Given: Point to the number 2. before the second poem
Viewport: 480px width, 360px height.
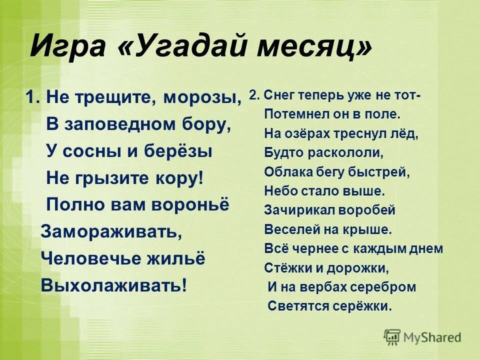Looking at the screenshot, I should click(253, 95).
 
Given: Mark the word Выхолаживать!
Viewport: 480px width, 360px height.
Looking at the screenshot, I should click(115, 285).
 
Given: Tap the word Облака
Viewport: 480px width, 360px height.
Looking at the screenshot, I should click(286, 172).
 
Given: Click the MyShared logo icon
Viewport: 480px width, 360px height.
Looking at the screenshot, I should click(392, 337).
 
